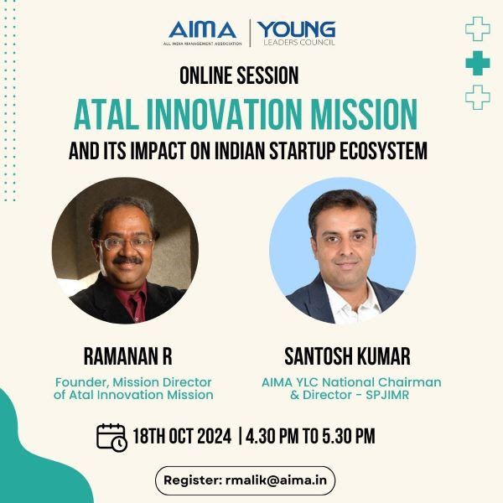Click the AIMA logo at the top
pyautogui.click(x=203, y=34)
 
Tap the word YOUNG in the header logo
pyautogui.click(x=297, y=29)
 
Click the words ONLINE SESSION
pyautogui.click(x=239, y=75)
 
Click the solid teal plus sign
pyautogui.click(x=478, y=63)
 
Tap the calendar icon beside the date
pyautogui.click(x=111, y=438)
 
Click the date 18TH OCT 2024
pyautogui.click(x=182, y=436)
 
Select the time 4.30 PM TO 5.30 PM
pyautogui.click(x=310, y=436)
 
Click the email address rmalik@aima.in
pyautogui.click(x=276, y=480)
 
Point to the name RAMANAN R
pyautogui.click(x=127, y=356)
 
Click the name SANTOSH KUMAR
pyautogui.click(x=347, y=356)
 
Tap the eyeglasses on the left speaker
pyautogui.click(x=127, y=242)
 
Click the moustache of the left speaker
pyautogui.click(x=127, y=260)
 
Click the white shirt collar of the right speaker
pyautogui.click(x=352, y=302)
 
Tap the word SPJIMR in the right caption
pyautogui.click(x=387, y=395)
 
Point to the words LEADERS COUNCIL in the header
pyautogui.click(x=299, y=43)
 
